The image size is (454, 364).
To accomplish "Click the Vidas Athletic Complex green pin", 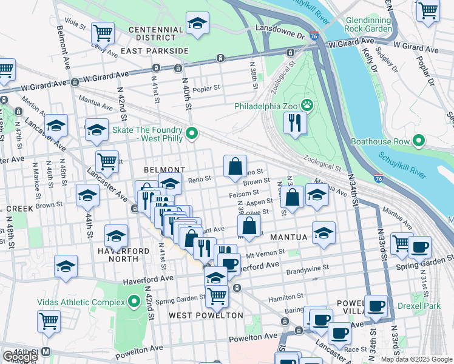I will click(x=134, y=302).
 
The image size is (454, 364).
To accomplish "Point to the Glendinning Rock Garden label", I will click(x=368, y=24).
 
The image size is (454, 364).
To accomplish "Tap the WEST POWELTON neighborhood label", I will click(x=205, y=315).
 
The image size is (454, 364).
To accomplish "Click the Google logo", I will click(x=20, y=357).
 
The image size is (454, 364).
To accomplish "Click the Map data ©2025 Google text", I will click(x=416, y=359).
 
